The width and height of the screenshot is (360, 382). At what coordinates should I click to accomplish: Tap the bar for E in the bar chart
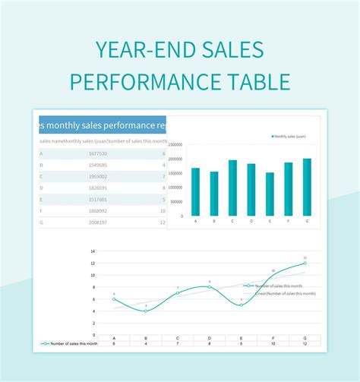[270, 194]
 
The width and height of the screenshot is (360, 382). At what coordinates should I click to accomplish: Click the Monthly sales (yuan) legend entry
[289, 136]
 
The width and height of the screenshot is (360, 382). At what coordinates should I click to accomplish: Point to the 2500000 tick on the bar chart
[175, 144]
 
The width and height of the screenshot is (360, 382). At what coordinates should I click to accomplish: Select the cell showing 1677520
[77, 153]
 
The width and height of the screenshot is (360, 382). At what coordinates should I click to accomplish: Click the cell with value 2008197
[77, 222]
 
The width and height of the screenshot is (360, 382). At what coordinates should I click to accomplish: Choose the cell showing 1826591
[77, 188]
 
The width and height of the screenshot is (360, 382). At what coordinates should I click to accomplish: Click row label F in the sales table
[41, 210]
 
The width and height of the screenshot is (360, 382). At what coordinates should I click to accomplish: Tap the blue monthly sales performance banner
[102, 125]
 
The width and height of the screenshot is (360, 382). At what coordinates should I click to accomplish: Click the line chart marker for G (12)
[305, 264]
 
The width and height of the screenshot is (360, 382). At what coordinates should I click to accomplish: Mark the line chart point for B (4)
[146, 311]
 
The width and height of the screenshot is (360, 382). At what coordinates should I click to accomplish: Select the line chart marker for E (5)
[241, 305]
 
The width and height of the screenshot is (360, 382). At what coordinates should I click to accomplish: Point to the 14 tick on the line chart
[93, 251]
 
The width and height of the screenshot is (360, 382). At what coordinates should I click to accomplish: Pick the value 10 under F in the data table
[273, 343]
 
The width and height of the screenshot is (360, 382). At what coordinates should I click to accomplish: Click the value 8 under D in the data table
[209, 343]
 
